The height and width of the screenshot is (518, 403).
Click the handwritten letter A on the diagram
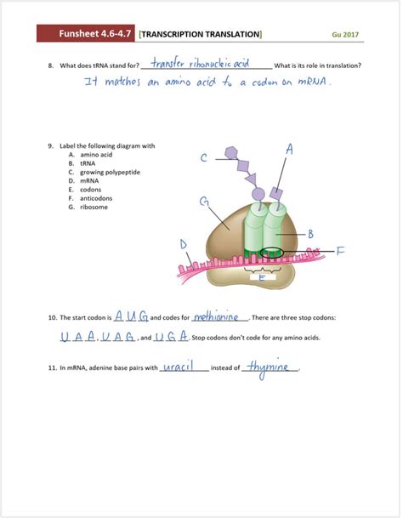pyautogui.click(x=290, y=149)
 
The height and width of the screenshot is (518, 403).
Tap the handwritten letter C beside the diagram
pyautogui.click(x=204, y=158)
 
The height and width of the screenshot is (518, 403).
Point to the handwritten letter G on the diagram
pyautogui.click(x=205, y=202)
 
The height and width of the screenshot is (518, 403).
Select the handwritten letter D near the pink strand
pyautogui.click(x=184, y=245)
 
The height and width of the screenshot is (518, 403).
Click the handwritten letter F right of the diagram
pyautogui.click(x=340, y=251)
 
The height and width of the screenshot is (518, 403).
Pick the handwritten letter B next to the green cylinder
pyautogui.click(x=311, y=234)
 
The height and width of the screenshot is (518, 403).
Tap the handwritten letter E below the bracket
pyautogui.click(x=262, y=277)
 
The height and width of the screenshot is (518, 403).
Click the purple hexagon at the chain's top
pyautogui.click(x=230, y=154)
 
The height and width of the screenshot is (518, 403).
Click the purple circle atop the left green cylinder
pyautogui.click(x=258, y=194)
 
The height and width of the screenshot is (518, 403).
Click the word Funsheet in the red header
pyautogui.click(x=82, y=34)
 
